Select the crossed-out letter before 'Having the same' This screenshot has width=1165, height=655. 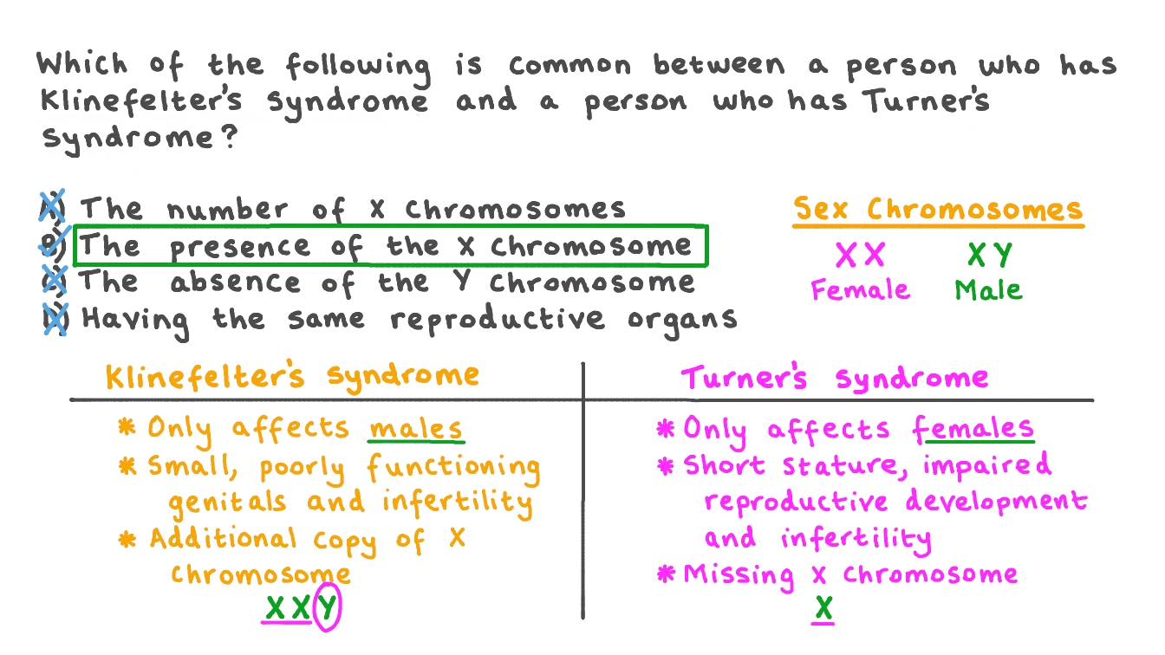(55, 318)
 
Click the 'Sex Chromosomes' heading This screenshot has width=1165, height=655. (939, 210)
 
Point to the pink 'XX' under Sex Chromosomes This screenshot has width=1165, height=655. (860, 256)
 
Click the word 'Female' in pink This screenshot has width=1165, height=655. (860, 289)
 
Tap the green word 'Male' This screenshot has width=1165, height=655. (989, 289)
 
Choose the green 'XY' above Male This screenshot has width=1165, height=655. (990, 256)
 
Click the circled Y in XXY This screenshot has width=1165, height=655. (326, 609)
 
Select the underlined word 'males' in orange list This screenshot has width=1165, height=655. (415, 429)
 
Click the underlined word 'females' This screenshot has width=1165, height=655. (973, 429)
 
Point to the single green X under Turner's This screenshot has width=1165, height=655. (823, 609)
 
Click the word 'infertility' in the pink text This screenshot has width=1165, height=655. (856, 539)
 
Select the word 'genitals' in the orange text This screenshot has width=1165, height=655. (227, 503)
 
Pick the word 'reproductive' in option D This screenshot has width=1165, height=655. (497, 319)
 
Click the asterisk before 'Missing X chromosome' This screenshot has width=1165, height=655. (666, 574)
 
